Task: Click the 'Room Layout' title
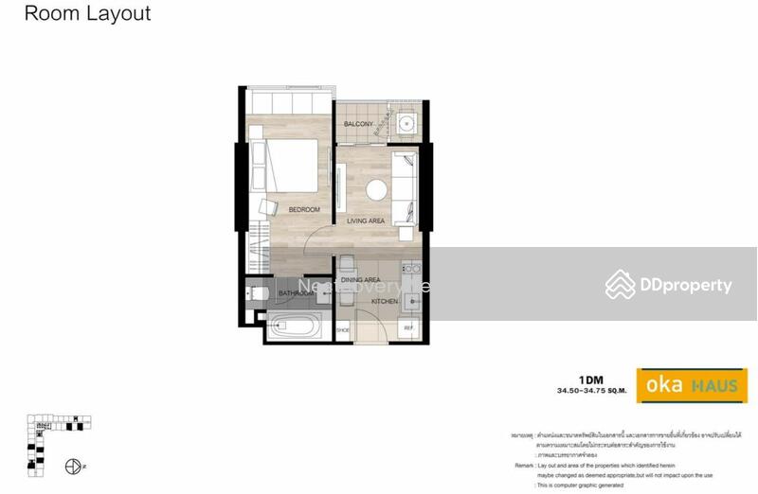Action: [87, 14]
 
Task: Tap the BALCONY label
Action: [357, 125]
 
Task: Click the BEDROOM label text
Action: [304, 209]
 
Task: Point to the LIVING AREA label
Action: [366, 221]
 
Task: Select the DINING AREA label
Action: [360, 280]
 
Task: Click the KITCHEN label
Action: [385, 301]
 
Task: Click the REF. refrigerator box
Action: [408, 328]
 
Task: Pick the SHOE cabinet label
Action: [343, 329]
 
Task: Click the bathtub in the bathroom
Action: [295, 328]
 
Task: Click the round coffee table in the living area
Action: [377, 188]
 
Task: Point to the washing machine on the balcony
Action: [407, 123]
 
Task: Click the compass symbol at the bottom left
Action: [71, 467]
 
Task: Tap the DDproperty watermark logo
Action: [669, 285]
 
